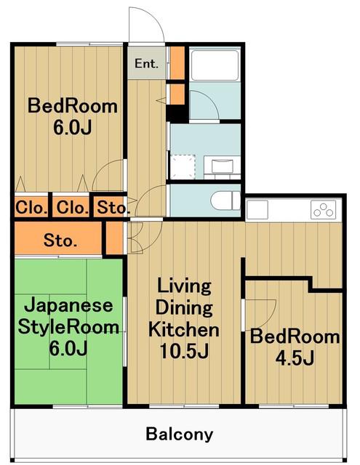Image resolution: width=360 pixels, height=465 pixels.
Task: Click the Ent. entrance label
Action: [x=146, y=63]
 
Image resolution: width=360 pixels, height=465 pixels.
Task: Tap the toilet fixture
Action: [x=225, y=201]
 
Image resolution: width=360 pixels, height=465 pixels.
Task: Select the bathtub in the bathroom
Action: [x=215, y=65]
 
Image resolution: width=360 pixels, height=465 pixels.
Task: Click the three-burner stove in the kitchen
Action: [x=324, y=209]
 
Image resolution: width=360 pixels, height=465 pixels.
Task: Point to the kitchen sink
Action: [x=257, y=210]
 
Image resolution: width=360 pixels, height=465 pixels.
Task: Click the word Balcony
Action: [x=179, y=434]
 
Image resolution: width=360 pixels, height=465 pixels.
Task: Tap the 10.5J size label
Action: [x=184, y=351]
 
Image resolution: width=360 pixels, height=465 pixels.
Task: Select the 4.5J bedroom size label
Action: [x=295, y=358]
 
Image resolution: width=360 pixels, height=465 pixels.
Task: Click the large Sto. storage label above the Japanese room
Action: [x=60, y=240]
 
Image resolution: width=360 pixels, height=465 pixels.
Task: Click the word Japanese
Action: [x=68, y=305]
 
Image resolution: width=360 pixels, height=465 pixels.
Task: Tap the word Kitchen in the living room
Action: [x=184, y=329]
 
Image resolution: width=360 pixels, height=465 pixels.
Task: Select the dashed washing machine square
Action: [x=183, y=167]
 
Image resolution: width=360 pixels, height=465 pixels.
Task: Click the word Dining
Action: [x=184, y=307]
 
